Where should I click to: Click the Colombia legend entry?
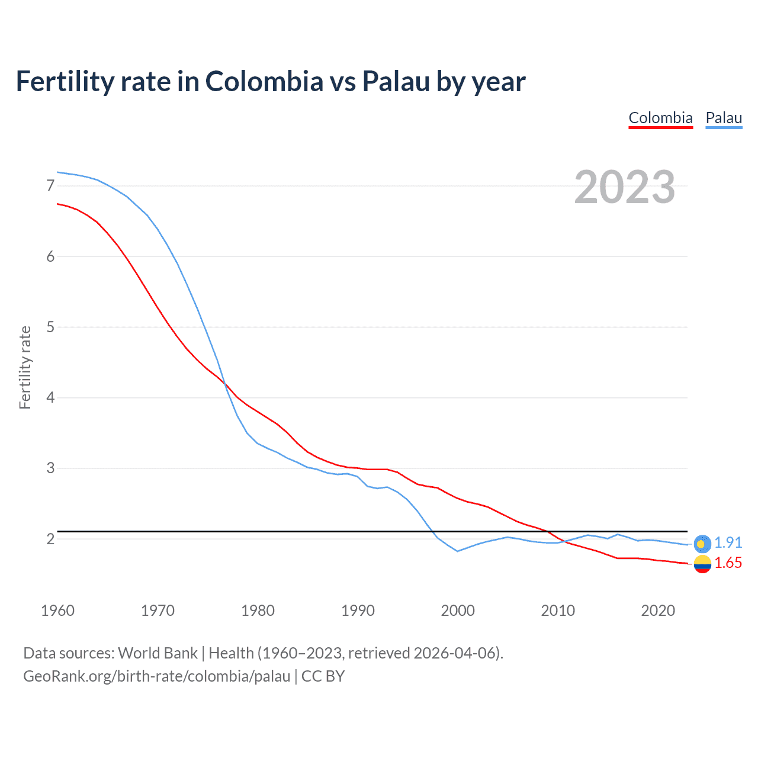click(660, 118)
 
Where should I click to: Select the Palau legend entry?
click(724, 118)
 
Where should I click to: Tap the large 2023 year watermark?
click(625, 187)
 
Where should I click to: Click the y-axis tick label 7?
click(50, 186)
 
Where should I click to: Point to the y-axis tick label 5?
click(50, 327)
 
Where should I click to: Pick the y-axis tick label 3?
click(50, 468)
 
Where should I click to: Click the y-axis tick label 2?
click(50, 539)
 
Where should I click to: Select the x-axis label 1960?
click(57, 611)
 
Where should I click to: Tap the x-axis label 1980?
click(258, 611)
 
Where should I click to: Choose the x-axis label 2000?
click(458, 611)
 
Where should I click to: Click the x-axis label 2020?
click(658, 611)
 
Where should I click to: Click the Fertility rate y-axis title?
click(25, 367)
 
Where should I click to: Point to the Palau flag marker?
click(702, 543)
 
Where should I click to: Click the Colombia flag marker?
click(702, 564)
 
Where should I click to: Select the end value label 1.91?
click(728, 542)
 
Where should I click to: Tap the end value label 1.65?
click(728, 563)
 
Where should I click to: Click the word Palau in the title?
click(396, 82)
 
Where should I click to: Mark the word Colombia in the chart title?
click(264, 82)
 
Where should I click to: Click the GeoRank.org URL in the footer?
click(157, 676)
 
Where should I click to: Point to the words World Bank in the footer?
click(158, 653)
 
